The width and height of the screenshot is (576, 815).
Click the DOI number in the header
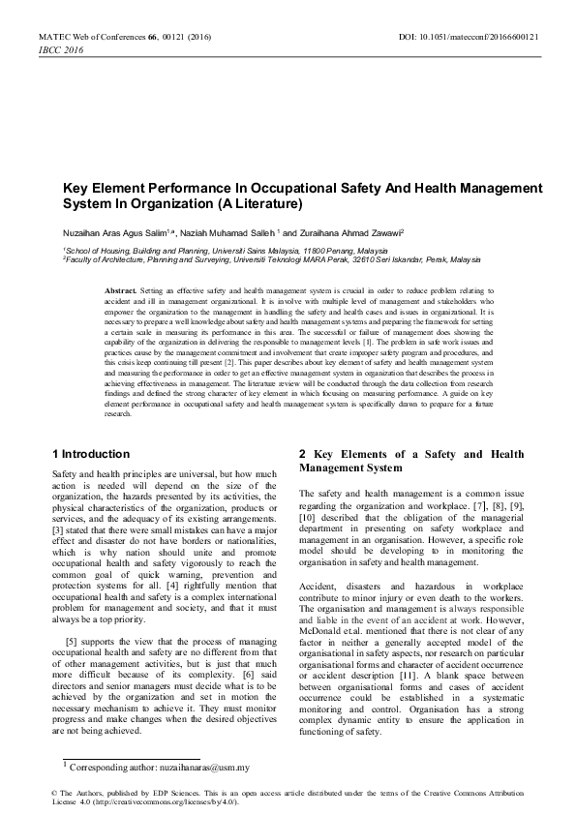tap(503, 37)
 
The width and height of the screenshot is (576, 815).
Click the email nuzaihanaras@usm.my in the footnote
tap(202, 768)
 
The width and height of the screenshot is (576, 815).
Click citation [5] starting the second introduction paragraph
tap(72, 643)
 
